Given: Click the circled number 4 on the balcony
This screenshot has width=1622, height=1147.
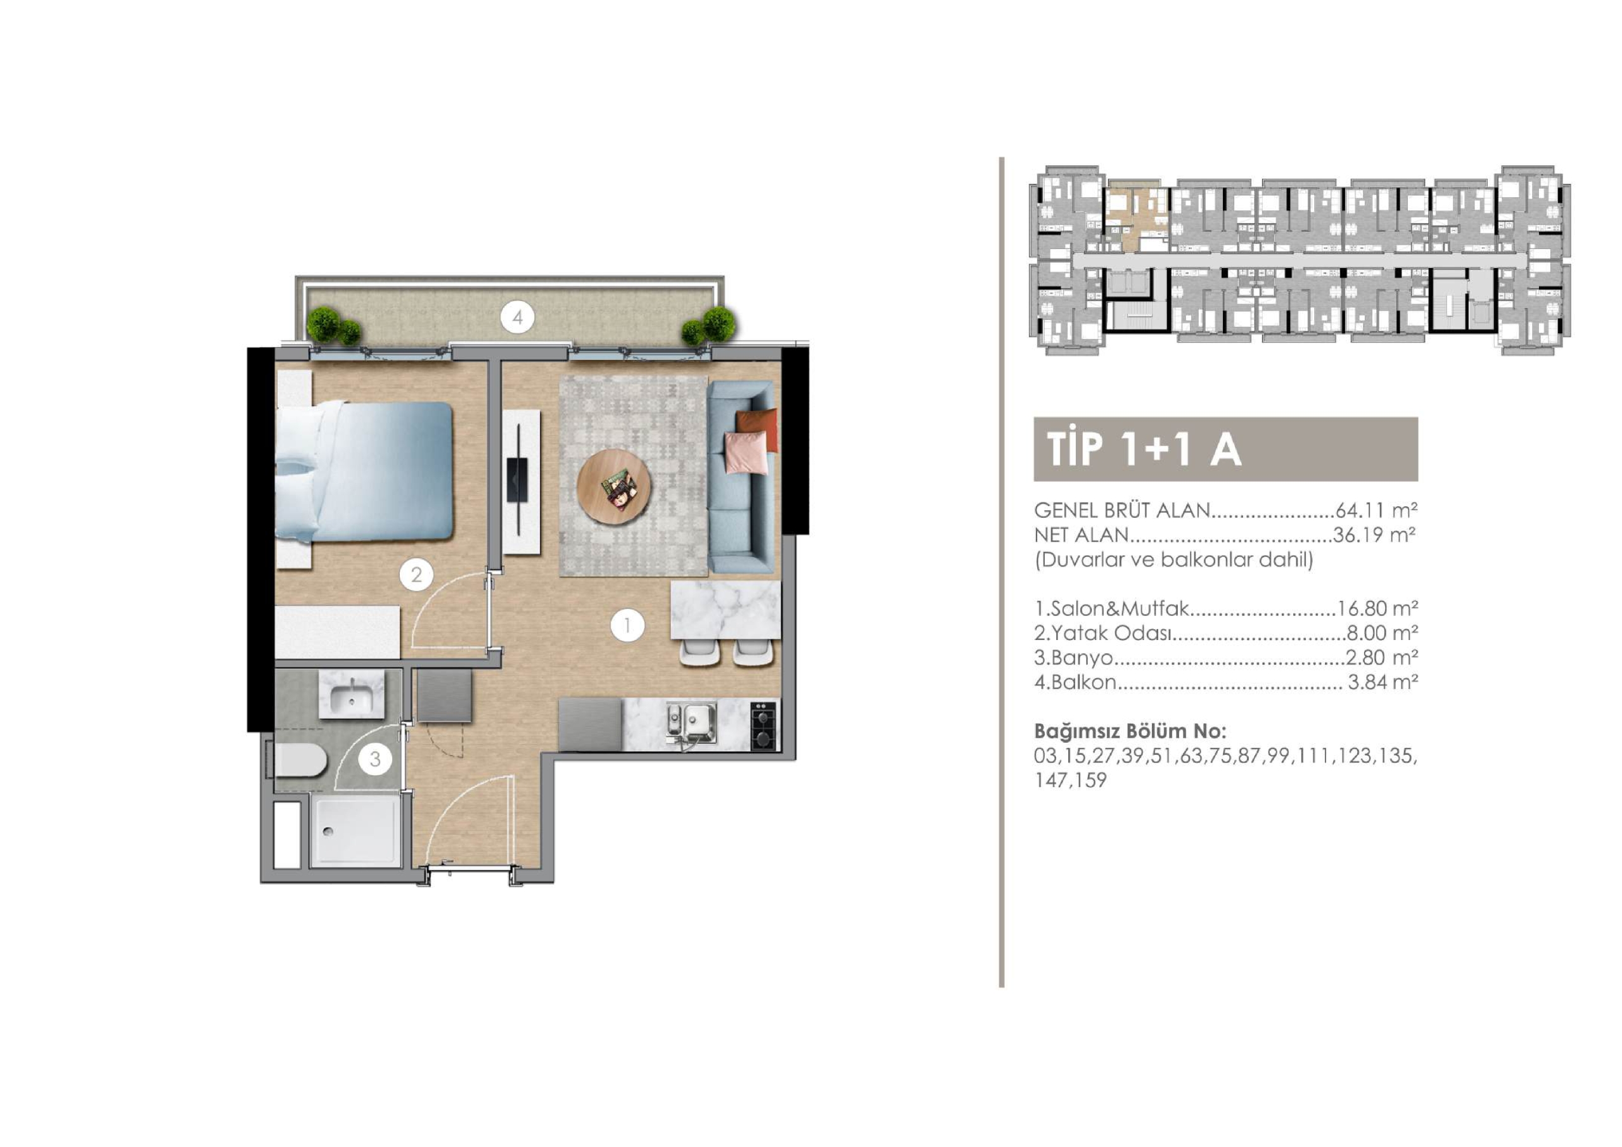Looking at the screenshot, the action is (x=517, y=318).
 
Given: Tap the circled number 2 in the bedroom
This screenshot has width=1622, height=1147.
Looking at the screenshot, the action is (x=416, y=575).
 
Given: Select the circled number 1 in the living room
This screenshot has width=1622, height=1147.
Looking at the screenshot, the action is (x=627, y=625).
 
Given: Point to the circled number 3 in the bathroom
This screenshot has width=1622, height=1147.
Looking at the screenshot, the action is (x=375, y=759).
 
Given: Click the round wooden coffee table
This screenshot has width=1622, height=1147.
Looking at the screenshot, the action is (x=615, y=486).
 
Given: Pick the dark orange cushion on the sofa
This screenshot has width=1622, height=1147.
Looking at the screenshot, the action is (x=757, y=430).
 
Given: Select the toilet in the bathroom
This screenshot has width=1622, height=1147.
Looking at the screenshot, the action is (x=298, y=761).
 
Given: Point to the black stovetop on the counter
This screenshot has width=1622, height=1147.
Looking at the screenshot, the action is (x=764, y=724).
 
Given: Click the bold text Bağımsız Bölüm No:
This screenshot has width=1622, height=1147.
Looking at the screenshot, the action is (x=1130, y=731).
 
